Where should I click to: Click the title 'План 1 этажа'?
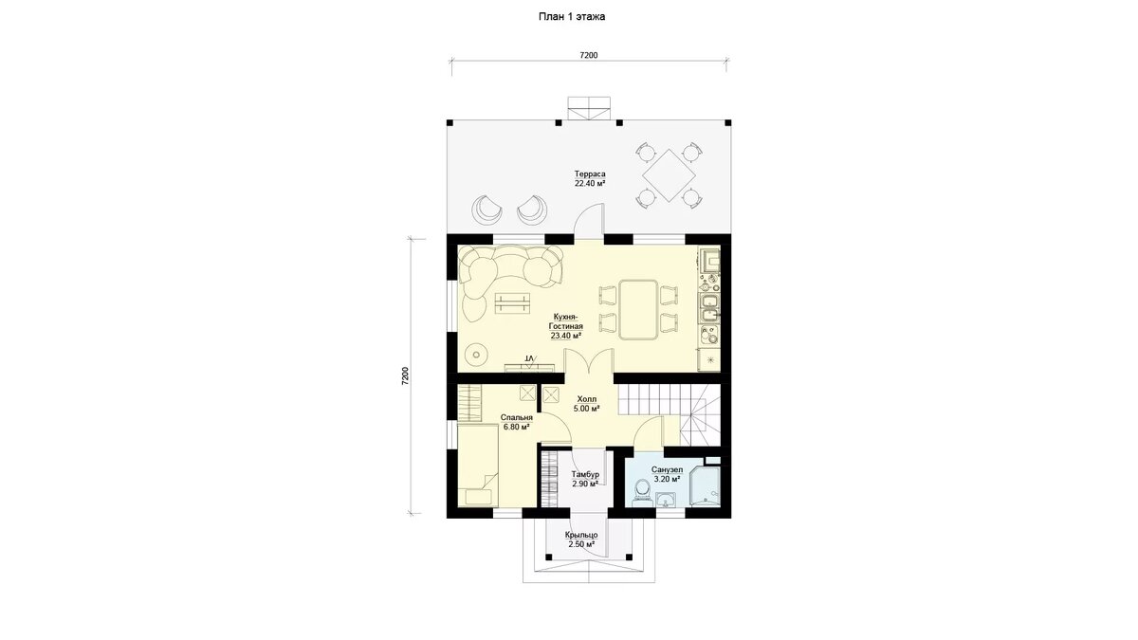pos(572,17)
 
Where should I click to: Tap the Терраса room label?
pos(590,178)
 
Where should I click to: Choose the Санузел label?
pos(667,474)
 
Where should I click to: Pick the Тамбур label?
pos(585,479)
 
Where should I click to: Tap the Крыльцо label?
pos(581,539)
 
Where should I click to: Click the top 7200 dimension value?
pos(589,55)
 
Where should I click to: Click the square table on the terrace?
pos(669,174)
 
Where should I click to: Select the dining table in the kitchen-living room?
pos(638,309)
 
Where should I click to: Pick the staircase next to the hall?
pos(670,414)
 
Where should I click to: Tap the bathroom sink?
pos(666,501)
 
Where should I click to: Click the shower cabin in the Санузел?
pos(705,485)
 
